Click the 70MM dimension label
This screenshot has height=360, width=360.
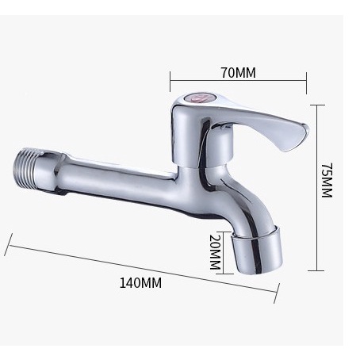[239, 73]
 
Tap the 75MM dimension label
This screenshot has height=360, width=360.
[327, 180]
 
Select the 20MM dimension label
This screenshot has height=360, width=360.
[215, 252]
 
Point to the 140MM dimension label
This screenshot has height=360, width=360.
[140, 283]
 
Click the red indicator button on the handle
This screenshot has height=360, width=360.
[197, 98]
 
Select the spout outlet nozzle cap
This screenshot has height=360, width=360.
[257, 249]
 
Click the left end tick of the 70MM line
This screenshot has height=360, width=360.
[170, 81]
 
